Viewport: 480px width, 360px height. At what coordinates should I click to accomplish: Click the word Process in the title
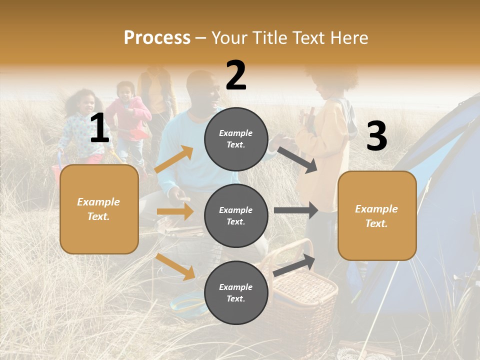[157, 38]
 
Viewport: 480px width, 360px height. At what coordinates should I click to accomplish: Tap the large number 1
[99, 128]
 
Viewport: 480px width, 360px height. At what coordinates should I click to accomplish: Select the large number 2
[236, 75]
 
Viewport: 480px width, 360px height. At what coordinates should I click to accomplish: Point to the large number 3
[376, 136]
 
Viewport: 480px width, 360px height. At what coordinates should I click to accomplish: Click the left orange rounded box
[99, 209]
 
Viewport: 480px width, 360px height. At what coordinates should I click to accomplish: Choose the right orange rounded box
[377, 216]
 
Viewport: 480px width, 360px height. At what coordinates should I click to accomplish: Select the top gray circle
[236, 139]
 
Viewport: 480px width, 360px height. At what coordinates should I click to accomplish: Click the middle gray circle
[236, 215]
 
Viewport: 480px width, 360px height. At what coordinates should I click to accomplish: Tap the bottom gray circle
[236, 292]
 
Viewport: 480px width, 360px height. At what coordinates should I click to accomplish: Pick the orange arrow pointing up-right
[174, 159]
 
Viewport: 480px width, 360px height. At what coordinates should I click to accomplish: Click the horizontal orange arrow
[175, 211]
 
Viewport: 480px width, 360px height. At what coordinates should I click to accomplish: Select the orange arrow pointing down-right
[175, 266]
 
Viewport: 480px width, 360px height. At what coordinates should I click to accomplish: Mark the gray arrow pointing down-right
[297, 159]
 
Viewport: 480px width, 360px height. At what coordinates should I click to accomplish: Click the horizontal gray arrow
[296, 210]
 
